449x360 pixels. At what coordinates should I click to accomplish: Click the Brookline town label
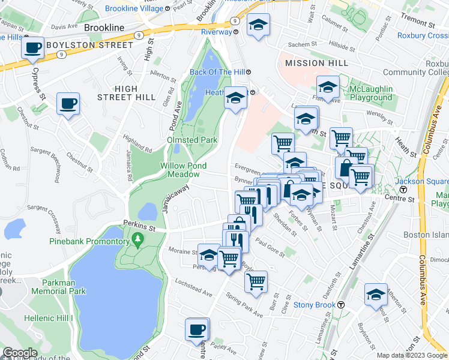click(x=104, y=28)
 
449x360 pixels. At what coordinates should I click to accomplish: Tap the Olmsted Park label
click(x=192, y=140)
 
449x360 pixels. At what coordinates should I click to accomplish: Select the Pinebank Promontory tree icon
click(x=139, y=241)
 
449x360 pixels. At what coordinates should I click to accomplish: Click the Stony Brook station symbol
click(x=340, y=305)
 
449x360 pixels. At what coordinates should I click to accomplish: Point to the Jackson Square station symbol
click(x=403, y=190)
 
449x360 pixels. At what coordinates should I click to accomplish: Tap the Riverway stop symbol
click(x=236, y=32)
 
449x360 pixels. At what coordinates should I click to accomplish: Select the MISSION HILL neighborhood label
click(x=316, y=63)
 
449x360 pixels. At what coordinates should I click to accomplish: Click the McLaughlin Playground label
click(x=371, y=93)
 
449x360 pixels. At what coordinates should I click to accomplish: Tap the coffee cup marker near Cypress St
click(x=33, y=47)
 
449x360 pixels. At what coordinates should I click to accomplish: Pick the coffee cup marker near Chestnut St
click(x=68, y=103)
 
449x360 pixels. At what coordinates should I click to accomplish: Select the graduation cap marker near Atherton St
click(x=376, y=295)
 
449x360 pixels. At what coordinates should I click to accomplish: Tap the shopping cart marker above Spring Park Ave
click(x=256, y=281)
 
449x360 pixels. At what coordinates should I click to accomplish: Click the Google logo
click(x=20, y=353)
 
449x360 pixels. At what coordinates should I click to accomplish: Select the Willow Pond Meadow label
click(x=183, y=170)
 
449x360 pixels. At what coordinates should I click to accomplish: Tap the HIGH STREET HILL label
click(x=118, y=92)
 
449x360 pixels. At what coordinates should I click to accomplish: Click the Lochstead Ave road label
click(x=194, y=287)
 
